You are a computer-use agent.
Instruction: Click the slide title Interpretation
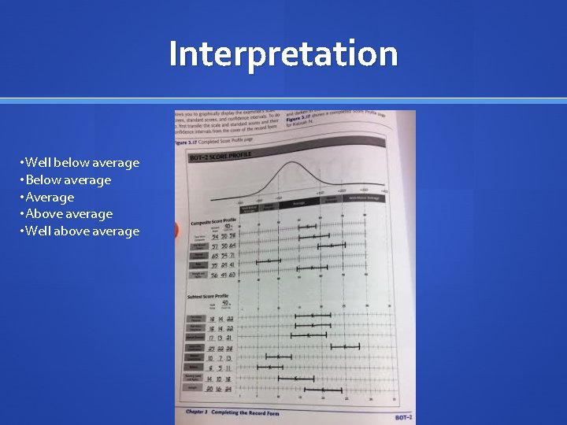point(283,54)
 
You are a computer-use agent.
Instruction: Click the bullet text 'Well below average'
point(82,163)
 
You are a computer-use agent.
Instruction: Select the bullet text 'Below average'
point(68,180)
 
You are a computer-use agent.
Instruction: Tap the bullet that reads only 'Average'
point(49,198)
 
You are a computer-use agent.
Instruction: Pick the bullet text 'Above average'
point(69,214)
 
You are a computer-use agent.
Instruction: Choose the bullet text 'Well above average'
point(82,231)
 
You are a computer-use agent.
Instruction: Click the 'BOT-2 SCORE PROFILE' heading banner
point(220,157)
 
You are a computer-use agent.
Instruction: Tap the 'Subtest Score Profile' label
point(209,296)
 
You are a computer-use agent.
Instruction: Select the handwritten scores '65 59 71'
point(224,256)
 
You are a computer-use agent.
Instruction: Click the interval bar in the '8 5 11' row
point(270,367)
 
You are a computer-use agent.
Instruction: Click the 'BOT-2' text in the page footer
point(402,416)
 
